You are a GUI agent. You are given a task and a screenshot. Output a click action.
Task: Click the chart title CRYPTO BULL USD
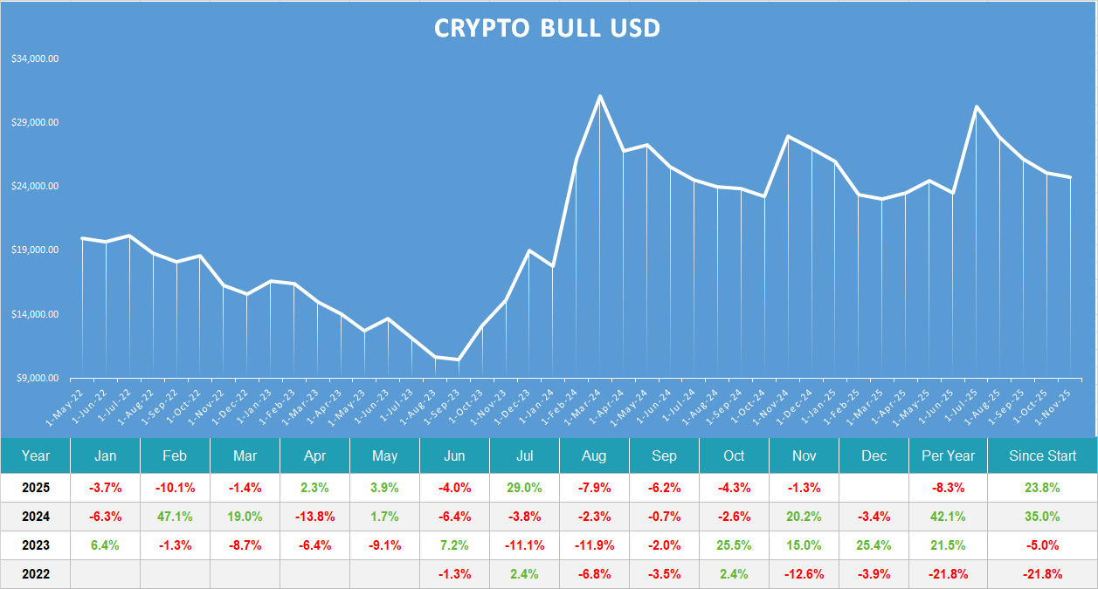pyautogui.click(x=548, y=28)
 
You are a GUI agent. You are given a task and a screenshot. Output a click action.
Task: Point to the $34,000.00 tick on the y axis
pyautogui.click(x=35, y=59)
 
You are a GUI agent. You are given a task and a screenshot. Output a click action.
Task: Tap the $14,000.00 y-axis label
pyautogui.click(x=35, y=314)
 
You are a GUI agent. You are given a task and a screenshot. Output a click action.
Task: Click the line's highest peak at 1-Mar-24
pyautogui.click(x=600, y=96)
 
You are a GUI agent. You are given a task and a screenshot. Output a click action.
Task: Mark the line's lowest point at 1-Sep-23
pyautogui.click(x=459, y=360)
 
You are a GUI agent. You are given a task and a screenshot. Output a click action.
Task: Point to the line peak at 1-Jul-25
pyautogui.click(x=976, y=106)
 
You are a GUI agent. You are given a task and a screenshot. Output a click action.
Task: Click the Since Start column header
pyautogui.click(x=1042, y=455)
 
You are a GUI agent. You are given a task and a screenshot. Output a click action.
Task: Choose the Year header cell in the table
pyautogui.click(x=36, y=455)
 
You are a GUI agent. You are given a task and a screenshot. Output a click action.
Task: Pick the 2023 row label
pyautogui.click(x=36, y=545)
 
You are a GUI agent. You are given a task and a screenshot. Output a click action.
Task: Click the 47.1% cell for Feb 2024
pyautogui.click(x=175, y=516)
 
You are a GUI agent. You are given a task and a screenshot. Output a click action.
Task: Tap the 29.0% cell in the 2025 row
pyautogui.click(x=524, y=487)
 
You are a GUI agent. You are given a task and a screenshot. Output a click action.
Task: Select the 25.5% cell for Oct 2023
pyautogui.click(x=734, y=545)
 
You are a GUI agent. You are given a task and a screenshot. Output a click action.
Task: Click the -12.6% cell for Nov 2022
pyautogui.click(x=804, y=574)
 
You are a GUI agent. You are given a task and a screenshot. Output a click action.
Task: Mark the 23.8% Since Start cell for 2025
pyautogui.click(x=1042, y=487)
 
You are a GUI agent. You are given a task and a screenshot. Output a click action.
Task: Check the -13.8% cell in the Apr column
pyautogui.click(x=314, y=516)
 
